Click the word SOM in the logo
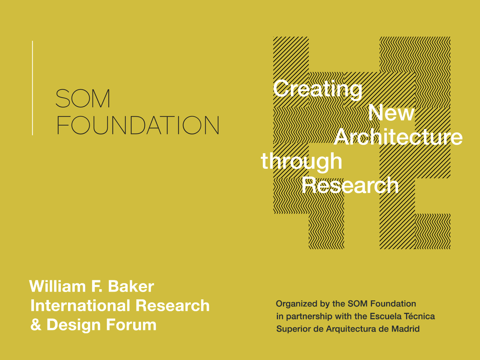(83, 98)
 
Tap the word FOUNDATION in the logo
(138, 125)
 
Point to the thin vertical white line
(32, 88)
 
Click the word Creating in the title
(318, 89)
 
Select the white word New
(391, 113)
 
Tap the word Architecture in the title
(398, 137)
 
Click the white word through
(302, 162)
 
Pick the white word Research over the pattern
(350, 186)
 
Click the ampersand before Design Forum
(36, 325)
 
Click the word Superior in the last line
(292, 329)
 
